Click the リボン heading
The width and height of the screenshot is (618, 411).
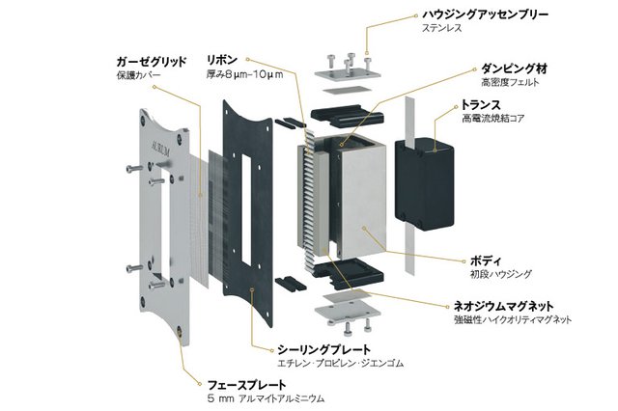tap(222, 59)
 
